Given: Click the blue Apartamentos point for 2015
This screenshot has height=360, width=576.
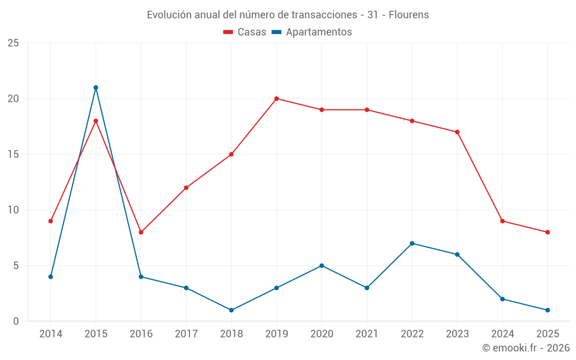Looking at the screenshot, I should point(96,88).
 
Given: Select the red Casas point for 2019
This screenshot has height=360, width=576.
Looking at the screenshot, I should point(276,98).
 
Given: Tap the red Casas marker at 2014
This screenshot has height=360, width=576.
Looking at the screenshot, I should point(51,221).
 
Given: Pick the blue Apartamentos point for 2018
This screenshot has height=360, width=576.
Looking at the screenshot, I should point(231,310).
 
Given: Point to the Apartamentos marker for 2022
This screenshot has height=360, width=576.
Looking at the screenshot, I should point(412,243).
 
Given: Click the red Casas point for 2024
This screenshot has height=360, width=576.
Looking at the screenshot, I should point(502,221).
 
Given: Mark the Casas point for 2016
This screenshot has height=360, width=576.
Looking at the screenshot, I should point(141,232).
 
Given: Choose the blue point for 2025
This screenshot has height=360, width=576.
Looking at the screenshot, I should point(547,310).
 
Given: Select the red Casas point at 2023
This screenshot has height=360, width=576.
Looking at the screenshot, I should point(457,132).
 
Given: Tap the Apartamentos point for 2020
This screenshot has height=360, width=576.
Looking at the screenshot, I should point(321,266).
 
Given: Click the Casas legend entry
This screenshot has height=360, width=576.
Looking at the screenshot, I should point(245,32).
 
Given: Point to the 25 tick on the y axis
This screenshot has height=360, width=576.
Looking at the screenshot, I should point(13,43).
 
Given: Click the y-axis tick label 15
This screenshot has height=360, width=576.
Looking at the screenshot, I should point(13,154).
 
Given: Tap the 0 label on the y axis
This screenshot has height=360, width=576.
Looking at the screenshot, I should point(16,321).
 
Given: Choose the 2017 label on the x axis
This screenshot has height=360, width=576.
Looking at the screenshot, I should point(186,334).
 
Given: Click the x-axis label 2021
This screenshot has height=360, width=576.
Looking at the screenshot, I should point(367,334).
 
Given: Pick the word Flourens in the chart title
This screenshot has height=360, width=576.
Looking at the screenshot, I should point(408,15).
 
